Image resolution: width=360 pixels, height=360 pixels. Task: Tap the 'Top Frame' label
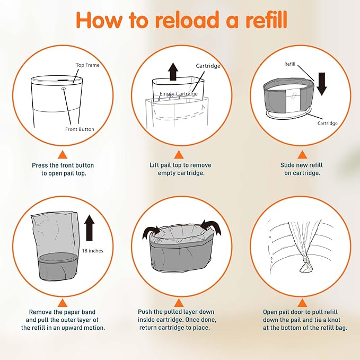(87, 65)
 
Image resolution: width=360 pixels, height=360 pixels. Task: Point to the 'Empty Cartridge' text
(179, 94)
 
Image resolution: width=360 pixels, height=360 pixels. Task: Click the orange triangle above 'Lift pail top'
(181, 155)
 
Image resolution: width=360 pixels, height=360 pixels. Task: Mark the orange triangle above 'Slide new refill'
(301, 155)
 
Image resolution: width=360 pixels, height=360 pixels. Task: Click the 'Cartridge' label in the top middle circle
(208, 66)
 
